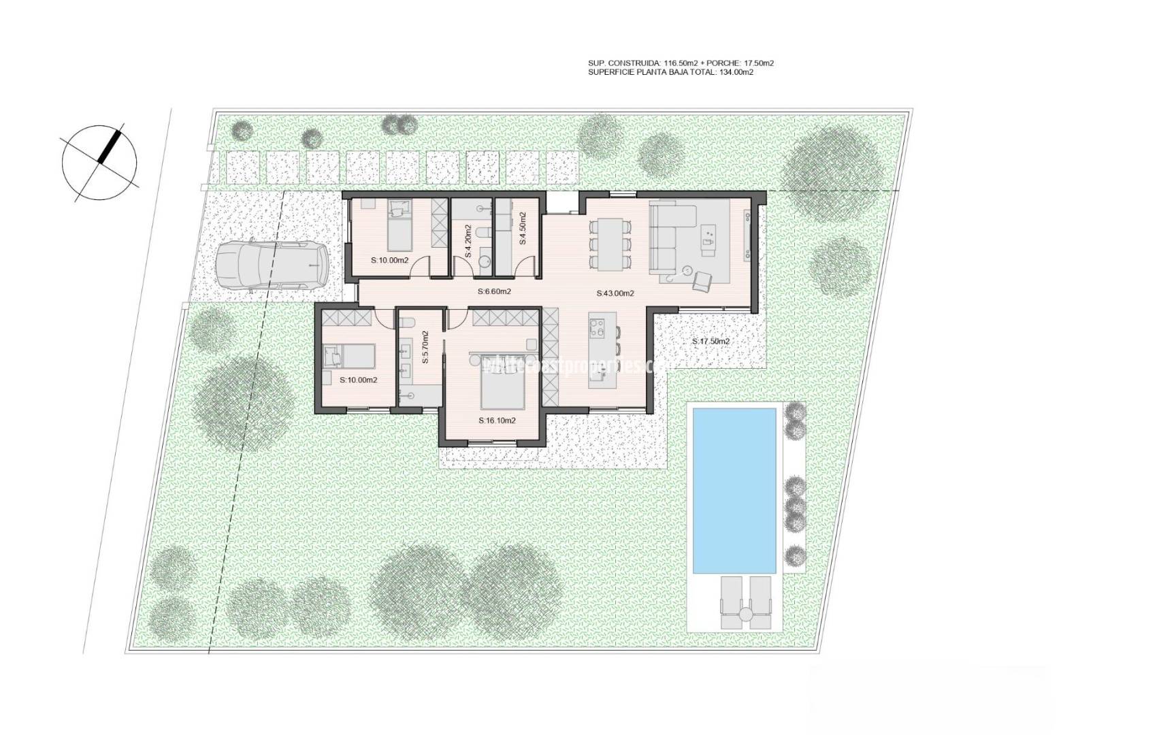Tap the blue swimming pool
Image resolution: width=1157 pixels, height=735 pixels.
click(x=734, y=490)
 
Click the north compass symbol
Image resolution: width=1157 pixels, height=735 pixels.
click(x=99, y=163)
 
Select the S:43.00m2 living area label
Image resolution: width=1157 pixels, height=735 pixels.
click(x=615, y=294)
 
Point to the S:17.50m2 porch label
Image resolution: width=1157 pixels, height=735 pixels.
click(x=711, y=342)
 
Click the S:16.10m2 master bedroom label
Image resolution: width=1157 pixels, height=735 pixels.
click(x=497, y=421)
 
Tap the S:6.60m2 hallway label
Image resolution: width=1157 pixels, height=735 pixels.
click(x=494, y=292)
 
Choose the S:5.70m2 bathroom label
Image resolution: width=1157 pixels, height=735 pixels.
click(x=425, y=347)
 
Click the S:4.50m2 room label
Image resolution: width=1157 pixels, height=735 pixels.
click(x=523, y=229)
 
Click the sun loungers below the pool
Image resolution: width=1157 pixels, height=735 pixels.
click(x=746, y=602)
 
